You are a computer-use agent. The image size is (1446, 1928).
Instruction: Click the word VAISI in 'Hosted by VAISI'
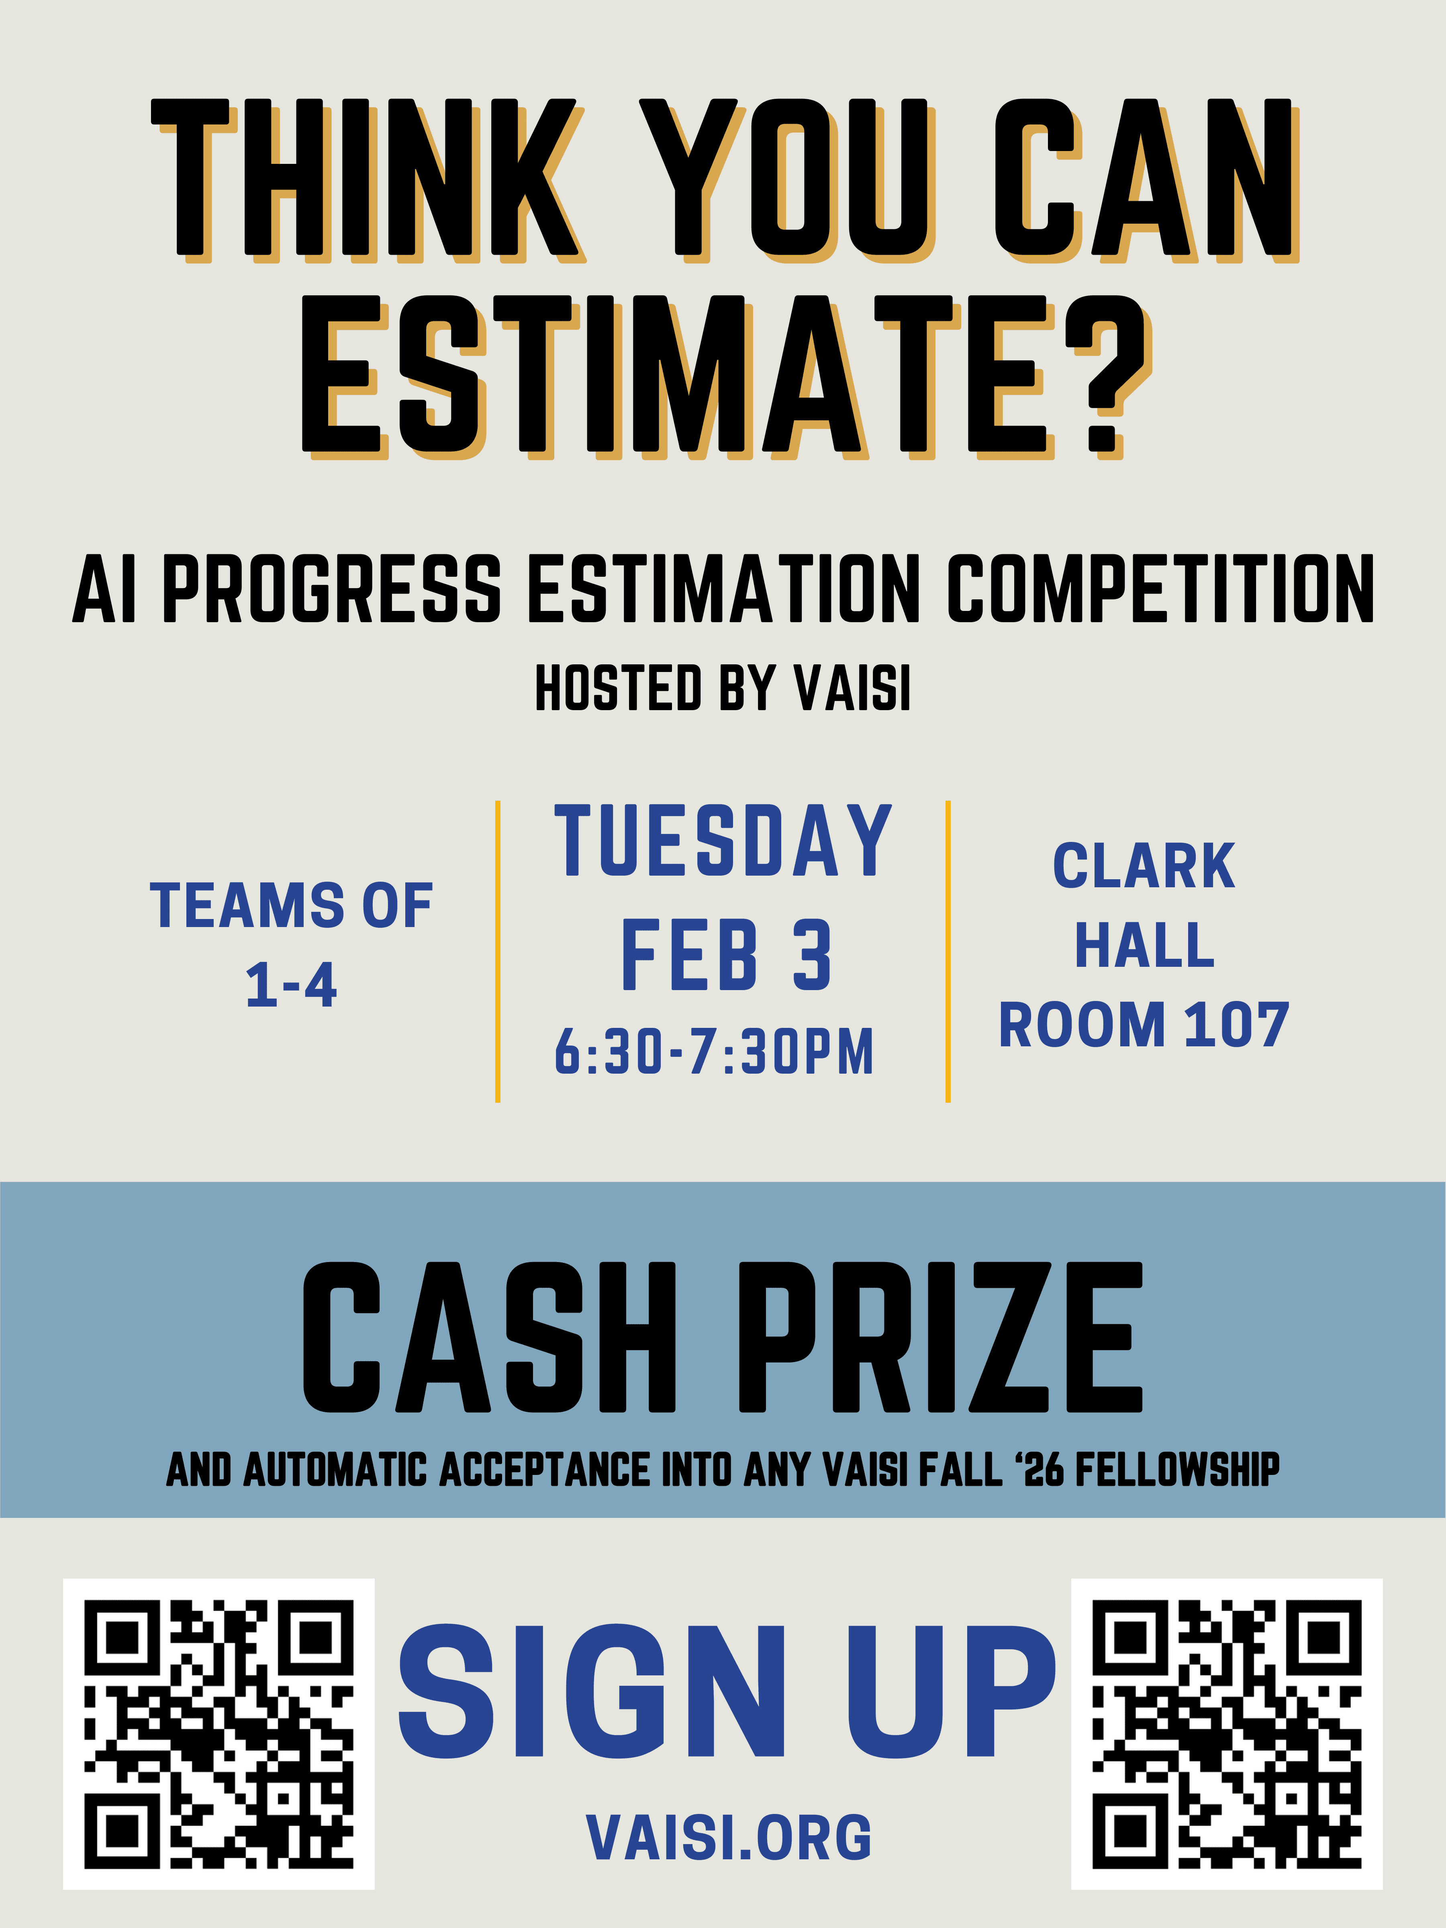click(x=852, y=688)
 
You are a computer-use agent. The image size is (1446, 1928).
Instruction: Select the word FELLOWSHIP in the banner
click(x=1176, y=1470)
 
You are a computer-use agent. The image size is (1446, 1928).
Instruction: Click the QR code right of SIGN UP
click(x=1226, y=1734)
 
